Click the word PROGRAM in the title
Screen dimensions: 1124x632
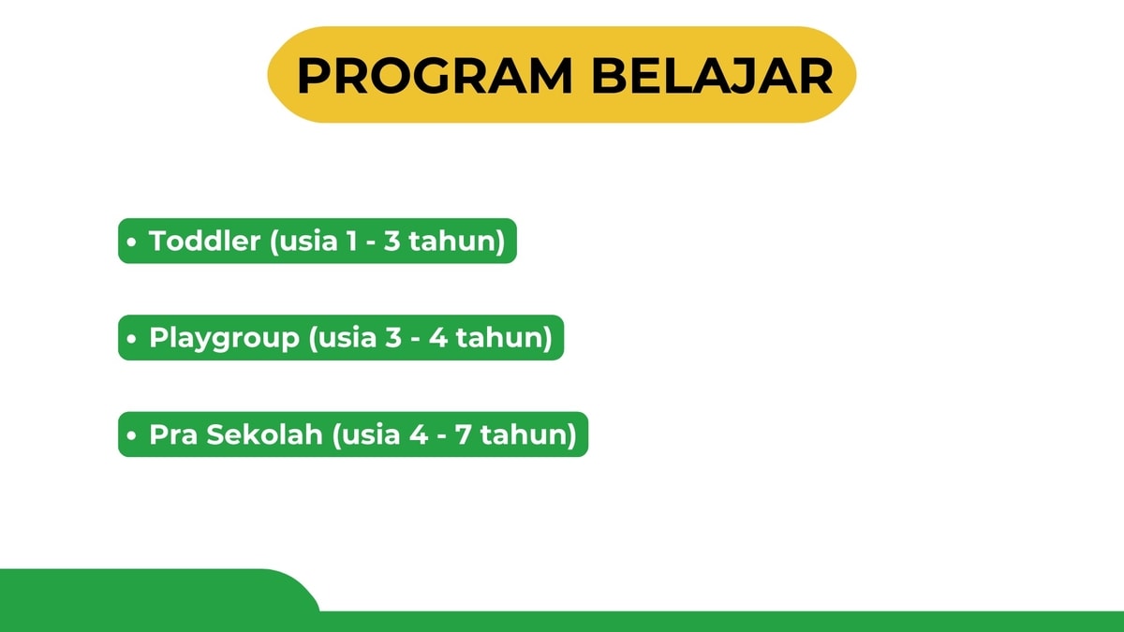[x=435, y=75]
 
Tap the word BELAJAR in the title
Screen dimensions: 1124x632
[x=713, y=75]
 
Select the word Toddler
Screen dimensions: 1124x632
[x=205, y=240]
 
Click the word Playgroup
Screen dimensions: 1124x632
[x=224, y=339]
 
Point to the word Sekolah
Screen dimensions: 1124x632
[x=264, y=434]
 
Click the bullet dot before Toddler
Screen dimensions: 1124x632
[x=131, y=242]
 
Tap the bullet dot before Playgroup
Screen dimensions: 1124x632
[x=131, y=339]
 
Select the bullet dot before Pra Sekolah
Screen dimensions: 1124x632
[x=131, y=435]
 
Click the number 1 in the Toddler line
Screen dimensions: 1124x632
[x=352, y=241]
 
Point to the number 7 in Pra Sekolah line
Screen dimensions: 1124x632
[x=463, y=434]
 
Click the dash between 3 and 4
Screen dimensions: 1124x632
[x=416, y=339]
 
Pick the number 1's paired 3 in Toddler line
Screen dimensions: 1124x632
[x=392, y=241]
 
